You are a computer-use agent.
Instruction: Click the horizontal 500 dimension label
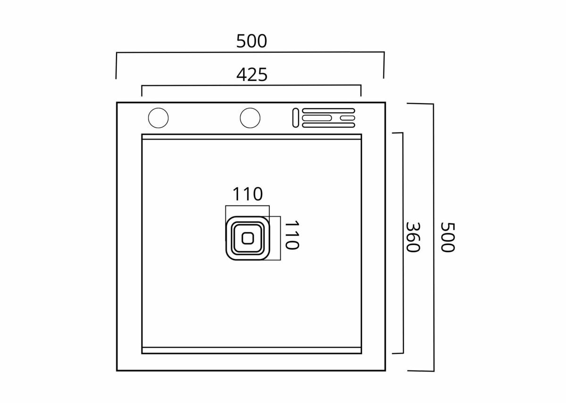(x=251, y=41)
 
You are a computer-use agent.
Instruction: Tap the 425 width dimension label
(x=252, y=75)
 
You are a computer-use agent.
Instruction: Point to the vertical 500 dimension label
(x=448, y=237)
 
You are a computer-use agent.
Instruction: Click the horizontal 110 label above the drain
(x=248, y=194)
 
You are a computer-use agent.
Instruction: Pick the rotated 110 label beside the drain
(x=292, y=235)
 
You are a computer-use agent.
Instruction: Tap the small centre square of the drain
(x=248, y=239)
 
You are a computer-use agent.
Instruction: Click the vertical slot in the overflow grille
(x=296, y=118)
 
